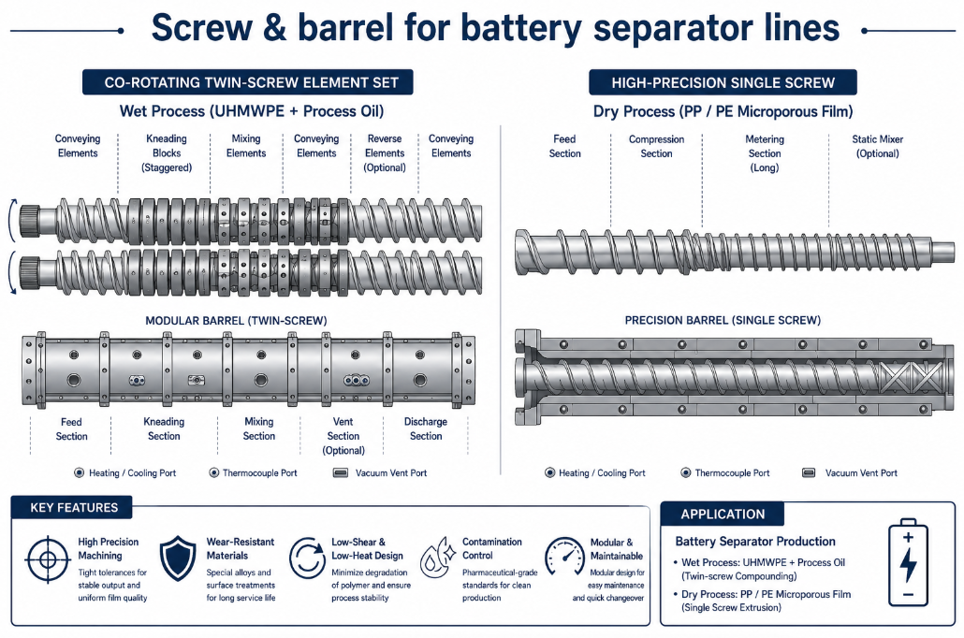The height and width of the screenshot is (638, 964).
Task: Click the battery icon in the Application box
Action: (908, 565)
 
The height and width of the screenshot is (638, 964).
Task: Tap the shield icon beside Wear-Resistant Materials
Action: (178, 558)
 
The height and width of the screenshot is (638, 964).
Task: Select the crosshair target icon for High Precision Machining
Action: (48, 559)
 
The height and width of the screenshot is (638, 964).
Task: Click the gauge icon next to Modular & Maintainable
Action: (564, 557)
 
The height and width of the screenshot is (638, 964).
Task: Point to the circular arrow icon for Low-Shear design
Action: (307, 558)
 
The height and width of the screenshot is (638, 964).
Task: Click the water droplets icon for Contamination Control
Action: (437, 557)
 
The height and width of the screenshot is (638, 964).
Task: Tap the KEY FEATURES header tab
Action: (74, 508)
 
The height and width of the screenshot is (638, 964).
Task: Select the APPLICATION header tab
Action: (723, 514)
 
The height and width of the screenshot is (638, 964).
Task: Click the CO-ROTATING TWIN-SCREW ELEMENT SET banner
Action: (248, 82)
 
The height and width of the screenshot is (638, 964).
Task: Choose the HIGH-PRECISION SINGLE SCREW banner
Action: (723, 82)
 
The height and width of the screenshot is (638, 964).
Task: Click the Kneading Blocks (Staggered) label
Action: (167, 153)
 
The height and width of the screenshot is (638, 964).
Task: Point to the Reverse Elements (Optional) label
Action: (385, 153)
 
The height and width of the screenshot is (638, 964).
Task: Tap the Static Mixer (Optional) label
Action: (877, 146)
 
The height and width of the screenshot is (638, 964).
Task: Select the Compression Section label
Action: (657, 146)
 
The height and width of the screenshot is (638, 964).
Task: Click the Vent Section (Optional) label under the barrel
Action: (343, 436)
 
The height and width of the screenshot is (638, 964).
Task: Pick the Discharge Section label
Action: (426, 429)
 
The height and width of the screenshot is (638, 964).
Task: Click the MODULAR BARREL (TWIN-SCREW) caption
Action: (236, 321)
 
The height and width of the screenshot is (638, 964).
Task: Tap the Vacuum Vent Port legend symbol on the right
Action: (809, 472)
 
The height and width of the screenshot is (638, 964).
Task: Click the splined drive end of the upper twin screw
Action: (30, 222)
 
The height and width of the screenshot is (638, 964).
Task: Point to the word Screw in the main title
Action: (201, 28)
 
